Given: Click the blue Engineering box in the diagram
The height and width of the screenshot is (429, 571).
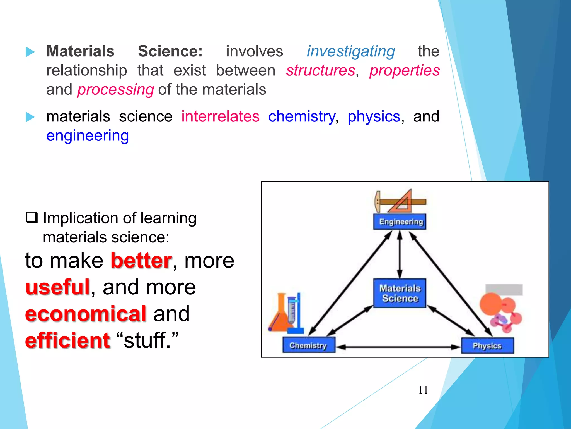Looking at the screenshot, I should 400,222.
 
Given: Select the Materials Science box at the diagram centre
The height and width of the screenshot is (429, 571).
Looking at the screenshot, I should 400,293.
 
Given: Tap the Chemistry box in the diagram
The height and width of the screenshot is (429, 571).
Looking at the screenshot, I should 309,345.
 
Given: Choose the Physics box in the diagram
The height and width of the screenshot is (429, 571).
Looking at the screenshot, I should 487,346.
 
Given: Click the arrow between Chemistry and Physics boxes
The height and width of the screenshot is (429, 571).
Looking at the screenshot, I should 398,347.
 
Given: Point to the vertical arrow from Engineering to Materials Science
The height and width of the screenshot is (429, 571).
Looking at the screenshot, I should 400,254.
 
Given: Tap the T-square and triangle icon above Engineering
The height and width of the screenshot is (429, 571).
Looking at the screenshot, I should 400,201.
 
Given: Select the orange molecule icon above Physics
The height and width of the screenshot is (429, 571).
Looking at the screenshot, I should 500,311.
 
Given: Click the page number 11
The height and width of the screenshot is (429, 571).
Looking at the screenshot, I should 423,390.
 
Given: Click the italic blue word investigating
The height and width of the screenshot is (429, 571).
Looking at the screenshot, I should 351,52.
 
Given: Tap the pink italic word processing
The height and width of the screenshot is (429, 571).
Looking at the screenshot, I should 115,90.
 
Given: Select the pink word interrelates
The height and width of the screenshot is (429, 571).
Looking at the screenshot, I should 220,116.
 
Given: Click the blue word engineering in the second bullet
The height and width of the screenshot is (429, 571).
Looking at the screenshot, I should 88,136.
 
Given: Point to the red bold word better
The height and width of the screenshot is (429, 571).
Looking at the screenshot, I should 141,261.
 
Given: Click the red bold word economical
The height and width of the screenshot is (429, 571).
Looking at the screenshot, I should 86,314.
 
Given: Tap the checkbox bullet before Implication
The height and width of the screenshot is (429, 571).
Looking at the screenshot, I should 32,218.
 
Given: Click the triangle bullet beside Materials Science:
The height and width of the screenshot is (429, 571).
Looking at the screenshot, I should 30,52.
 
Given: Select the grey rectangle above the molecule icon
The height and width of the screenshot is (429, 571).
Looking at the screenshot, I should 504,290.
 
